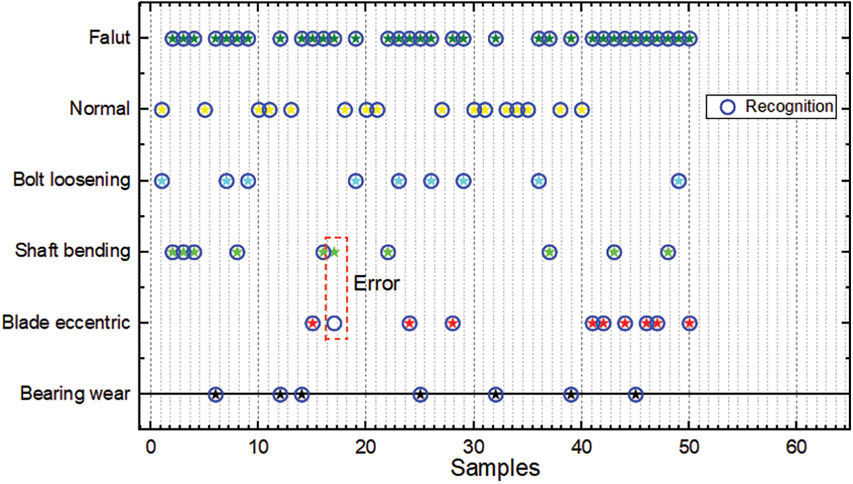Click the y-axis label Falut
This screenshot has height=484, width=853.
tap(109, 37)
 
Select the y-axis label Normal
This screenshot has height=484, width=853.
tap(100, 109)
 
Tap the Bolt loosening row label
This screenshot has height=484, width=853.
tap(71, 180)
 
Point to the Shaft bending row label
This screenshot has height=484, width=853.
tap(73, 252)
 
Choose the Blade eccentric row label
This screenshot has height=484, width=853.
tap(66, 322)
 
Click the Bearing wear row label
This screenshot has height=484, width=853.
tap(75, 394)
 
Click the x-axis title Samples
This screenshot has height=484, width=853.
tap(495, 468)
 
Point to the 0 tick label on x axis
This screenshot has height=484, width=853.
tap(150, 446)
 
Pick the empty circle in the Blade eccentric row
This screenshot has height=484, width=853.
tap(334, 324)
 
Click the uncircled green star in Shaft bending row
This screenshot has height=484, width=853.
tap(334, 252)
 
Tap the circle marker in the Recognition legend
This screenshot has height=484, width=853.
tap(727, 107)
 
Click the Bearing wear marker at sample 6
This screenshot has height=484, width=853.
tap(215, 394)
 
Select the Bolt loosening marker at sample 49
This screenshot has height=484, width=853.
tap(678, 181)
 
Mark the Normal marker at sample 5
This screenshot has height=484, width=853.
tap(205, 109)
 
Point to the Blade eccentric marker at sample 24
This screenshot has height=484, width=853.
tap(409, 324)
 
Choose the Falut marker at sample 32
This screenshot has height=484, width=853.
tap(495, 38)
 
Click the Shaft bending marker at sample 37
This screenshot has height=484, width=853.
tap(549, 252)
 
